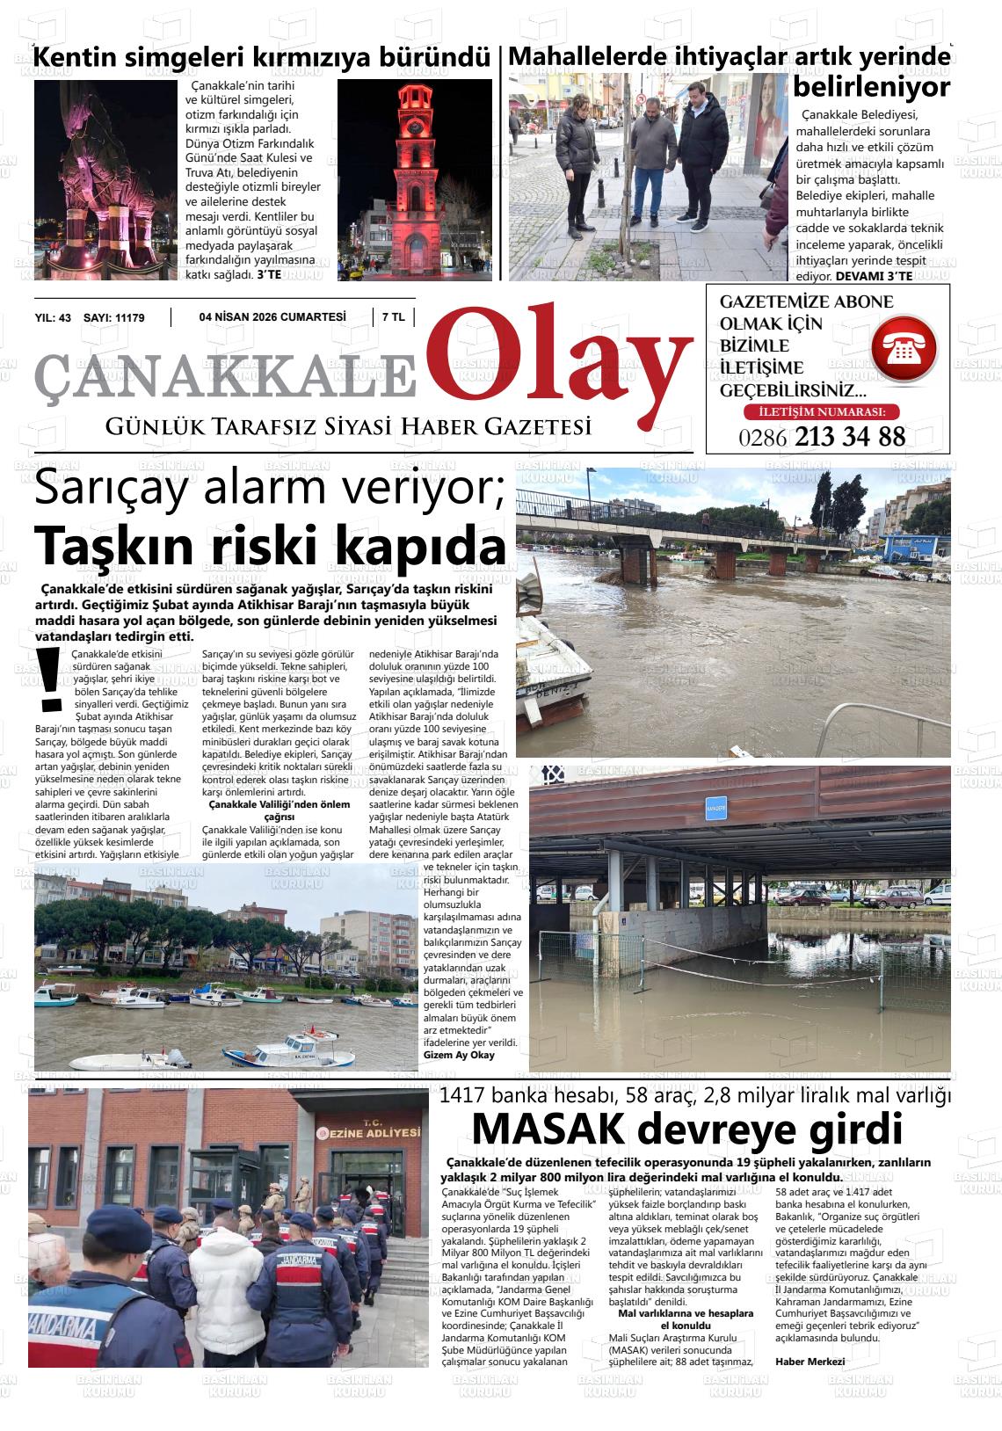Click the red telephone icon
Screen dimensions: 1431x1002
tap(904, 350)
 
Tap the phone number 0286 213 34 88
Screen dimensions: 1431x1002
tap(823, 437)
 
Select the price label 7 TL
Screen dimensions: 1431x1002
tap(393, 317)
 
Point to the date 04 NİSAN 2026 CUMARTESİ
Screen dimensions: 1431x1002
tap(272, 317)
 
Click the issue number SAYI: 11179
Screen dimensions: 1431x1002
tap(114, 317)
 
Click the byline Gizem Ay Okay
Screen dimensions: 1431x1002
tap(459, 1055)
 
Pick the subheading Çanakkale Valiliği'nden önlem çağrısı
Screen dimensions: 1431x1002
tap(279, 810)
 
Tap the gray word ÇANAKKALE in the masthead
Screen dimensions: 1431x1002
tap(224, 374)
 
